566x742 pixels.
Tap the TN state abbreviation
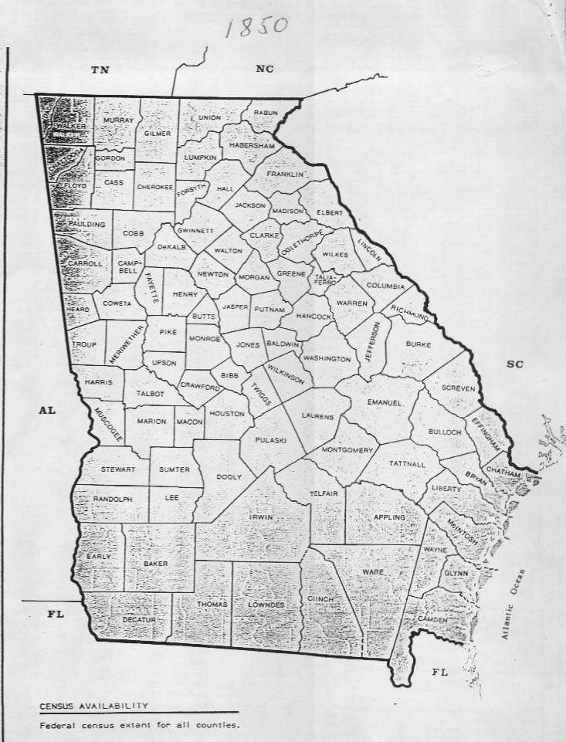tap(100, 71)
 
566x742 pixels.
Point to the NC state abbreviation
tap(265, 69)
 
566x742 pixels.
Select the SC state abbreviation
tap(514, 364)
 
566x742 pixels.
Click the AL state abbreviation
tap(47, 411)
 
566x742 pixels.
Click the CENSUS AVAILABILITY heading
tap(94, 706)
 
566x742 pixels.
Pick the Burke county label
tap(418, 344)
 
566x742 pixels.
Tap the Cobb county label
tap(133, 233)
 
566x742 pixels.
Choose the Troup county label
tap(84, 345)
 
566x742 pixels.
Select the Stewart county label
tap(118, 469)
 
